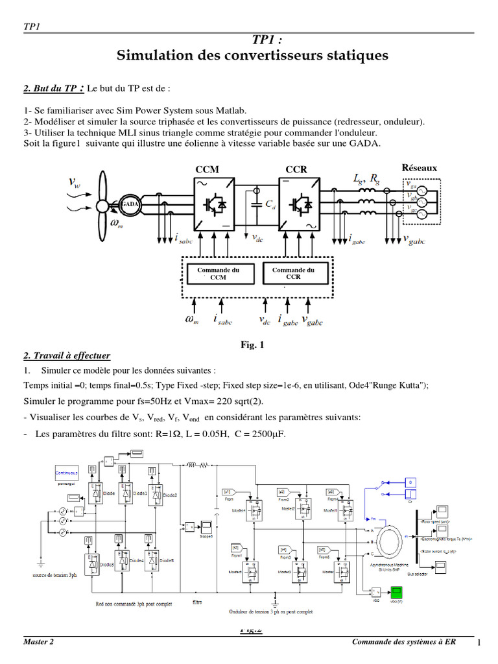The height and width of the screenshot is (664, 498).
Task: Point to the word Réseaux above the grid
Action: [420, 168]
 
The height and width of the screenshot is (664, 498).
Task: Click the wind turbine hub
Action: [101, 206]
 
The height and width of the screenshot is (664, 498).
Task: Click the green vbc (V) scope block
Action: [396, 591]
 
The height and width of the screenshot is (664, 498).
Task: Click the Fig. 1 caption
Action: [253, 346]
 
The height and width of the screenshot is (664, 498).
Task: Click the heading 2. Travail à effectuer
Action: [67, 356]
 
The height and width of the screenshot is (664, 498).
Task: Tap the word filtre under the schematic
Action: [197, 602]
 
